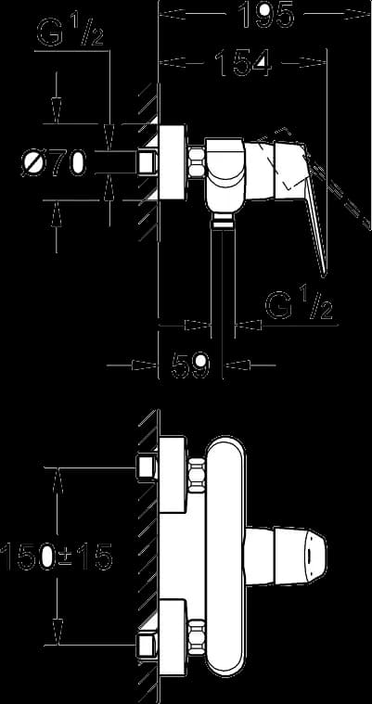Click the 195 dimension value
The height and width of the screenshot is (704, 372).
tap(265, 14)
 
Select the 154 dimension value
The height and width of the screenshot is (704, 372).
tap(243, 62)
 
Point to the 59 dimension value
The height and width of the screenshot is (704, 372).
tap(190, 365)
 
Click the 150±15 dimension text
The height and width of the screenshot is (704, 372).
tap(56, 557)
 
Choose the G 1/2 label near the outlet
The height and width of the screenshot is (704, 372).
tap(300, 304)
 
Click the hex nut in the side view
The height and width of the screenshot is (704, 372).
tap(197, 161)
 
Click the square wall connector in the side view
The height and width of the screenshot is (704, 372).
tap(147, 161)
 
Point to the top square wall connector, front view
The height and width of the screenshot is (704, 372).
tap(147, 468)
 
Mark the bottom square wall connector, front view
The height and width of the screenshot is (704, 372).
tap(147, 645)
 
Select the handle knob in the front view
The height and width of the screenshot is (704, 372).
tap(285, 557)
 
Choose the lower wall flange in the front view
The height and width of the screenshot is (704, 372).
tap(173, 636)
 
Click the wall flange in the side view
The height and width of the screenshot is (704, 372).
tap(173, 161)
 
